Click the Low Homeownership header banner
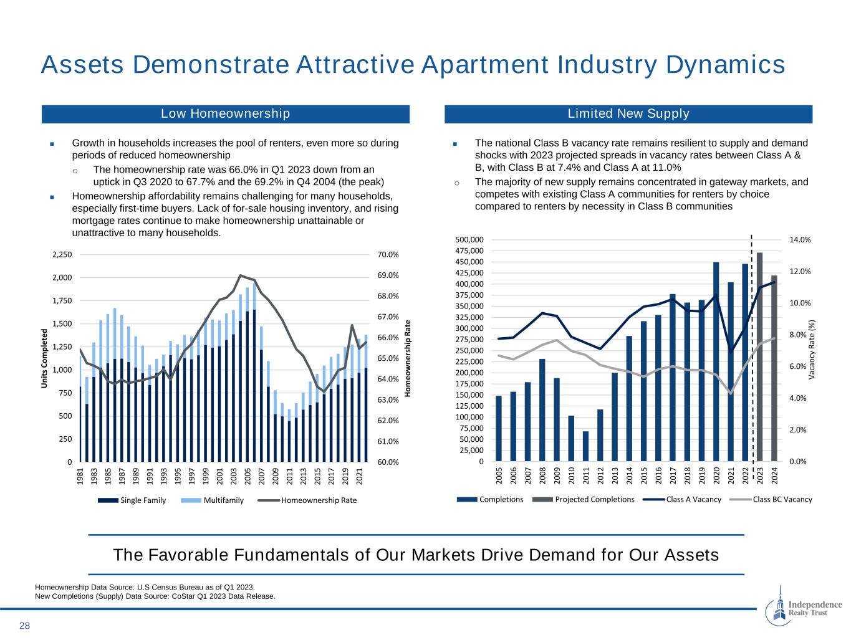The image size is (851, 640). (x=225, y=114)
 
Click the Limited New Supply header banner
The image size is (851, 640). (x=628, y=114)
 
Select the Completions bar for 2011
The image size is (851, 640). (x=585, y=446)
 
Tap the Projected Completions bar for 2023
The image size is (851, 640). (x=759, y=357)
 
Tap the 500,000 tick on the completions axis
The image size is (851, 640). (x=469, y=240)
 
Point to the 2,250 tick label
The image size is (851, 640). (x=63, y=254)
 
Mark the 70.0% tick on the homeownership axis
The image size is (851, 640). (x=388, y=254)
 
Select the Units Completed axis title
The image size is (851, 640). (x=45, y=358)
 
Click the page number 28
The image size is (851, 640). (x=24, y=626)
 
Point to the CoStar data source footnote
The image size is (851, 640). (x=155, y=596)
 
